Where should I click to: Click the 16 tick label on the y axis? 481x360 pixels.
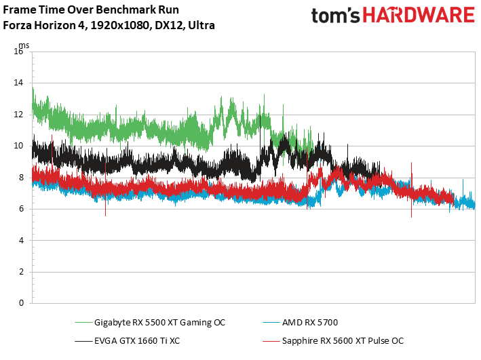[18, 52]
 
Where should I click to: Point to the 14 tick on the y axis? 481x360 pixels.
[18, 83]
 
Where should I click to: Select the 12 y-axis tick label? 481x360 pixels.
[18, 115]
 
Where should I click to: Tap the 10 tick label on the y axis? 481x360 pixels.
[18, 146]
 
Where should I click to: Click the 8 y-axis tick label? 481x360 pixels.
[20, 178]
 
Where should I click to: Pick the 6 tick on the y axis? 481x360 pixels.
[20, 209]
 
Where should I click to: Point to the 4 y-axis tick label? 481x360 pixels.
[20, 240]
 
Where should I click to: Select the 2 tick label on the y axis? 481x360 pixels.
[20, 272]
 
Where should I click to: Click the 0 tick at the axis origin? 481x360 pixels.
[20, 303]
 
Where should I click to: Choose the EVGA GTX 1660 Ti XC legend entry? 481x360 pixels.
[136, 340]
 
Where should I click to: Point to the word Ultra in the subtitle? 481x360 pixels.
[201, 26]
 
